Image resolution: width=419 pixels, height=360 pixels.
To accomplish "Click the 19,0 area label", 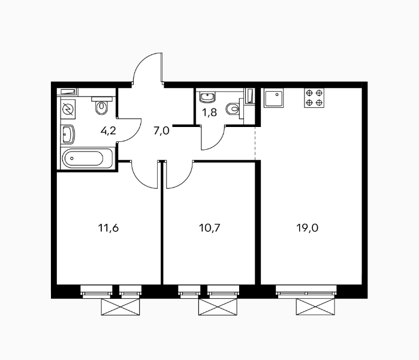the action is click(308, 228).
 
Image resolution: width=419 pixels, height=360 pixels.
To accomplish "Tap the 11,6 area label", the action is click(108, 228).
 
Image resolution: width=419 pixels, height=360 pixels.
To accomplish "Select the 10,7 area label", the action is click(210, 228).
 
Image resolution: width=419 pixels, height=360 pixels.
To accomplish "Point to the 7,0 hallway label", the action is click(161, 131).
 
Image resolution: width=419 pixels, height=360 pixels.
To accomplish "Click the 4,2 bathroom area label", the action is click(108, 131).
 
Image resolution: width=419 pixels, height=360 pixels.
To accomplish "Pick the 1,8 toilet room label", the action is click(209, 113).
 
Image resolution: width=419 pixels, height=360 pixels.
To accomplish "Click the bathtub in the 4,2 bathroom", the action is click(86, 158).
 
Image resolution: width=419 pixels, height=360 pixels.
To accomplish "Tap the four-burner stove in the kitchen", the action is click(314, 98).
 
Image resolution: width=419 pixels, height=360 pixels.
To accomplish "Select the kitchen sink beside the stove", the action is click(273, 98).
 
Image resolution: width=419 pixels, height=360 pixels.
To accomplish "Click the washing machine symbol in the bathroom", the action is click(68, 109).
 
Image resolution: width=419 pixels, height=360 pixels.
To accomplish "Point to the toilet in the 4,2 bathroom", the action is click(101, 106).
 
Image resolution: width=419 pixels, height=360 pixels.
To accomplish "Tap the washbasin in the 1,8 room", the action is click(207, 97).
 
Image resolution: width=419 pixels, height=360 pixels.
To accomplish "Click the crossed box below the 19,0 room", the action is click(315, 307).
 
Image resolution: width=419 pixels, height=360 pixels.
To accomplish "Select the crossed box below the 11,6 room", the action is click(120, 307).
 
